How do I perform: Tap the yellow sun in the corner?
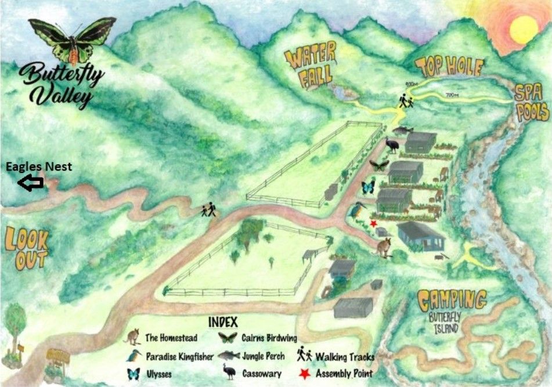pyautogui.click(x=524, y=29)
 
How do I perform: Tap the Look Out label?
pyautogui.click(x=27, y=248)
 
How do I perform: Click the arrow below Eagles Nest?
pyautogui.click(x=31, y=183)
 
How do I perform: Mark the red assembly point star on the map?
pyautogui.click(x=373, y=223)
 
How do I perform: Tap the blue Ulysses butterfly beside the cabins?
pyautogui.click(x=368, y=187)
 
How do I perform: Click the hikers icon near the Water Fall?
pyautogui.click(x=406, y=101)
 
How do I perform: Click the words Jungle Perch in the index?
pyautogui.click(x=262, y=356)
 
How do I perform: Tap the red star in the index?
pyautogui.click(x=304, y=374)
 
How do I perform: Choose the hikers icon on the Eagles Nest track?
pyautogui.click(x=208, y=209)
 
